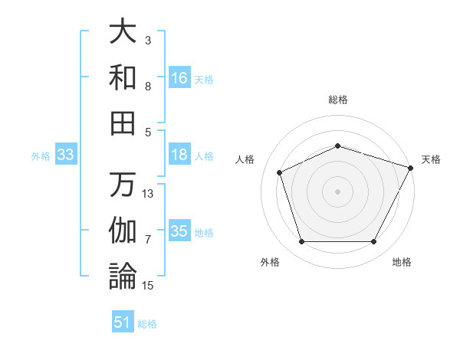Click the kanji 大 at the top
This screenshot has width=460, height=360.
(123, 33)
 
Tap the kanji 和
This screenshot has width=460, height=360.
(123, 77)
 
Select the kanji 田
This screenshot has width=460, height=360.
(123, 122)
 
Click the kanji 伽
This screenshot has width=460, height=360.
(123, 231)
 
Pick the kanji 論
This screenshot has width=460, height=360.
(123, 275)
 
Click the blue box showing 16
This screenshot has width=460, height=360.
(179, 77)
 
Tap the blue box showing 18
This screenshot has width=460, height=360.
(179, 155)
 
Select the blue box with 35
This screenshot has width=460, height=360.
(179, 231)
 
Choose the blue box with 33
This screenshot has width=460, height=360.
(66, 155)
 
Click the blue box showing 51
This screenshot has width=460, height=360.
(123, 322)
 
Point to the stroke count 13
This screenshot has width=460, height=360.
(149, 194)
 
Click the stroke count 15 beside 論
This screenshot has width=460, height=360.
(149, 286)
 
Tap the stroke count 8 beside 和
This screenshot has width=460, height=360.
(148, 87)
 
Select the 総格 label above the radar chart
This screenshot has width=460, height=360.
(338, 100)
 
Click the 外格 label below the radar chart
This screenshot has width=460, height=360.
(270, 262)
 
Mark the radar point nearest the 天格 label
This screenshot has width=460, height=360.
(412, 167)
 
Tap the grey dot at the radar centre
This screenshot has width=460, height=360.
(338, 191)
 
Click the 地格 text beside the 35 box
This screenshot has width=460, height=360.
(204, 232)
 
